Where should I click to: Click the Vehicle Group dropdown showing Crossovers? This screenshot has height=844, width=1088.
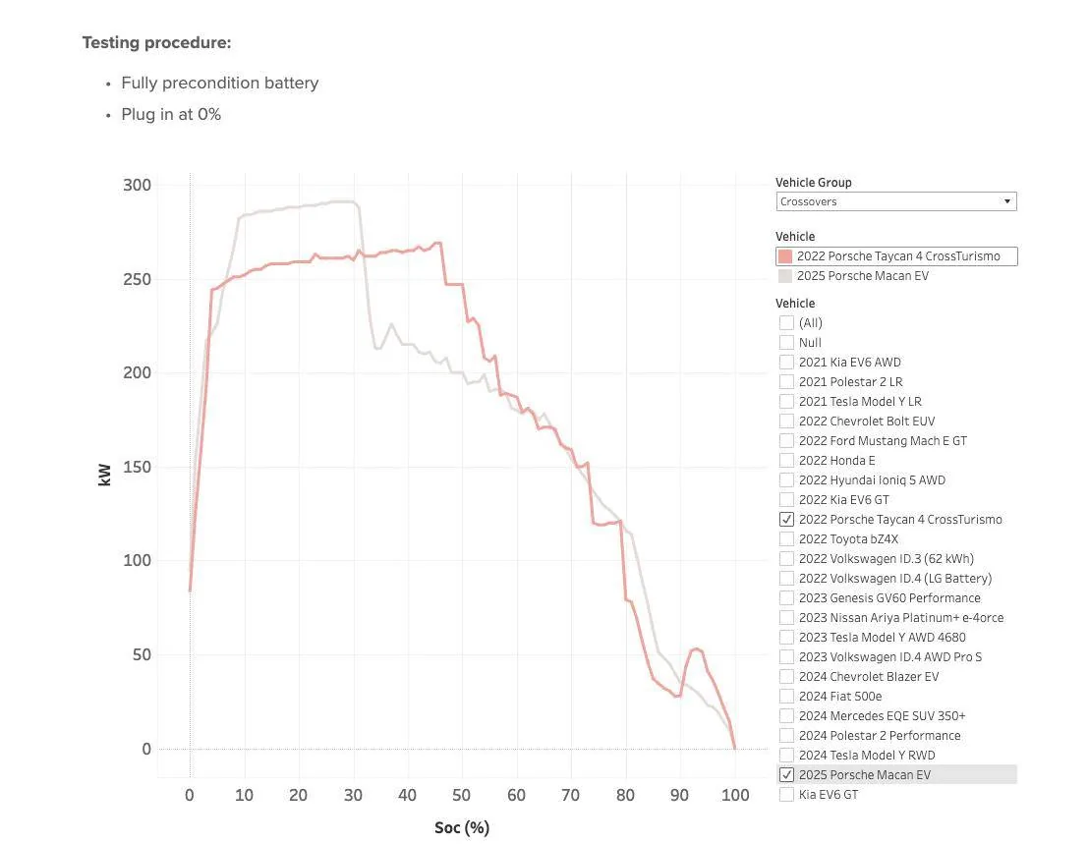(x=895, y=201)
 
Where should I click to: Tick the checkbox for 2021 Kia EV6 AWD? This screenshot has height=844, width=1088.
(x=786, y=362)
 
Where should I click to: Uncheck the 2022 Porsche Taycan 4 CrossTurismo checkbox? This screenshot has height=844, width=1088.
(x=786, y=519)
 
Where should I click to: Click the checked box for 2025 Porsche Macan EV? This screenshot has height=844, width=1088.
(x=786, y=774)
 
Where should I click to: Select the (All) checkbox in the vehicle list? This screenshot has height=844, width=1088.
(x=786, y=322)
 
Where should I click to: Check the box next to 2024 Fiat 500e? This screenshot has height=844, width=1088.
(x=786, y=696)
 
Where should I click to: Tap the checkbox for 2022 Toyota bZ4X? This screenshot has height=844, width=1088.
(x=786, y=538)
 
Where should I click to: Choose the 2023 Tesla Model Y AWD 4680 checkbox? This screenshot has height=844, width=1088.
(x=786, y=637)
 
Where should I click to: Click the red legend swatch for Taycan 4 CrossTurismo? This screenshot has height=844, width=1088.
(x=784, y=256)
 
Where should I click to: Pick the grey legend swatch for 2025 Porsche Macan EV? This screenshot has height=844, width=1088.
(x=784, y=276)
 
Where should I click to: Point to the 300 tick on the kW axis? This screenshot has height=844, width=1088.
(x=138, y=186)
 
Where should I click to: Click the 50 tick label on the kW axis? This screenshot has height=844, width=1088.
(x=143, y=655)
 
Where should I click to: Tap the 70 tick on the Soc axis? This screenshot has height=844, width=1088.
(x=571, y=795)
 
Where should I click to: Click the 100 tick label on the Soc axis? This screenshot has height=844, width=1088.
(x=734, y=795)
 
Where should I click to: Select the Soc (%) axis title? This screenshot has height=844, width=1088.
(x=462, y=827)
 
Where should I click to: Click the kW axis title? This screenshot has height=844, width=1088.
(x=105, y=473)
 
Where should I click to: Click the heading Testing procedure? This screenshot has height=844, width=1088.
(x=156, y=43)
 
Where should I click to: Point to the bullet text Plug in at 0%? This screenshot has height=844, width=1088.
(x=171, y=114)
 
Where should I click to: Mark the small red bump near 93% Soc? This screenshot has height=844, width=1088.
(x=696, y=648)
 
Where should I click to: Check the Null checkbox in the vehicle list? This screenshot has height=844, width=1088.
(x=786, y=342)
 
